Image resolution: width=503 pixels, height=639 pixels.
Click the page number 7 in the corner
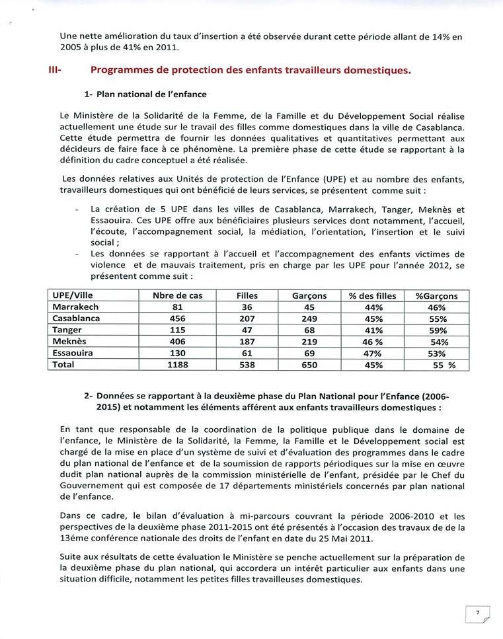pyautogui.click(x=477, y=613)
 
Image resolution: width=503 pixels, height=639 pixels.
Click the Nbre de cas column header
pyautogui.click(x=177, y=296)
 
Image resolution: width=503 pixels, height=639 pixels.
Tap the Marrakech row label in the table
pyautogui.click(x=75, y=307)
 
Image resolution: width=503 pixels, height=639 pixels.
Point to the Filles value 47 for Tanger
pyautogui.click(x=247, y=330)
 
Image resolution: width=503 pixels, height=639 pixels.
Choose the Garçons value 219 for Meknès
pyautogui.click(x=309, y=342)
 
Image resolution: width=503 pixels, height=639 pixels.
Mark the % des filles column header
pyautogui.click(x=373, y=296)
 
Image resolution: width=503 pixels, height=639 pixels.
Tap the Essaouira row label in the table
pyautogui.click(x=73, y=354)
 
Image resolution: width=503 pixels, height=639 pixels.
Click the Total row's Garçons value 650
pyautogui.click(x=309, y=365)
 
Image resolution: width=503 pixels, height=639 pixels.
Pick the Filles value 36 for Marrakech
pyautogui.click(x=247, y=307)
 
